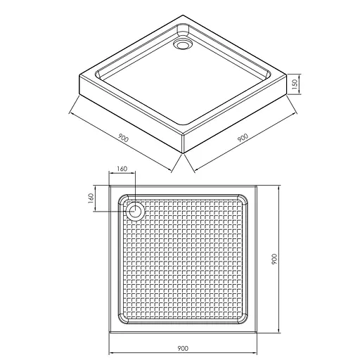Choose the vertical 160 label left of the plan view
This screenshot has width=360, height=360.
point(91,198)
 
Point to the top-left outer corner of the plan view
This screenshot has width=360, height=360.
point(110,186)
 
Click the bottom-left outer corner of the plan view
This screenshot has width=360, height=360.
point(110,334)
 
